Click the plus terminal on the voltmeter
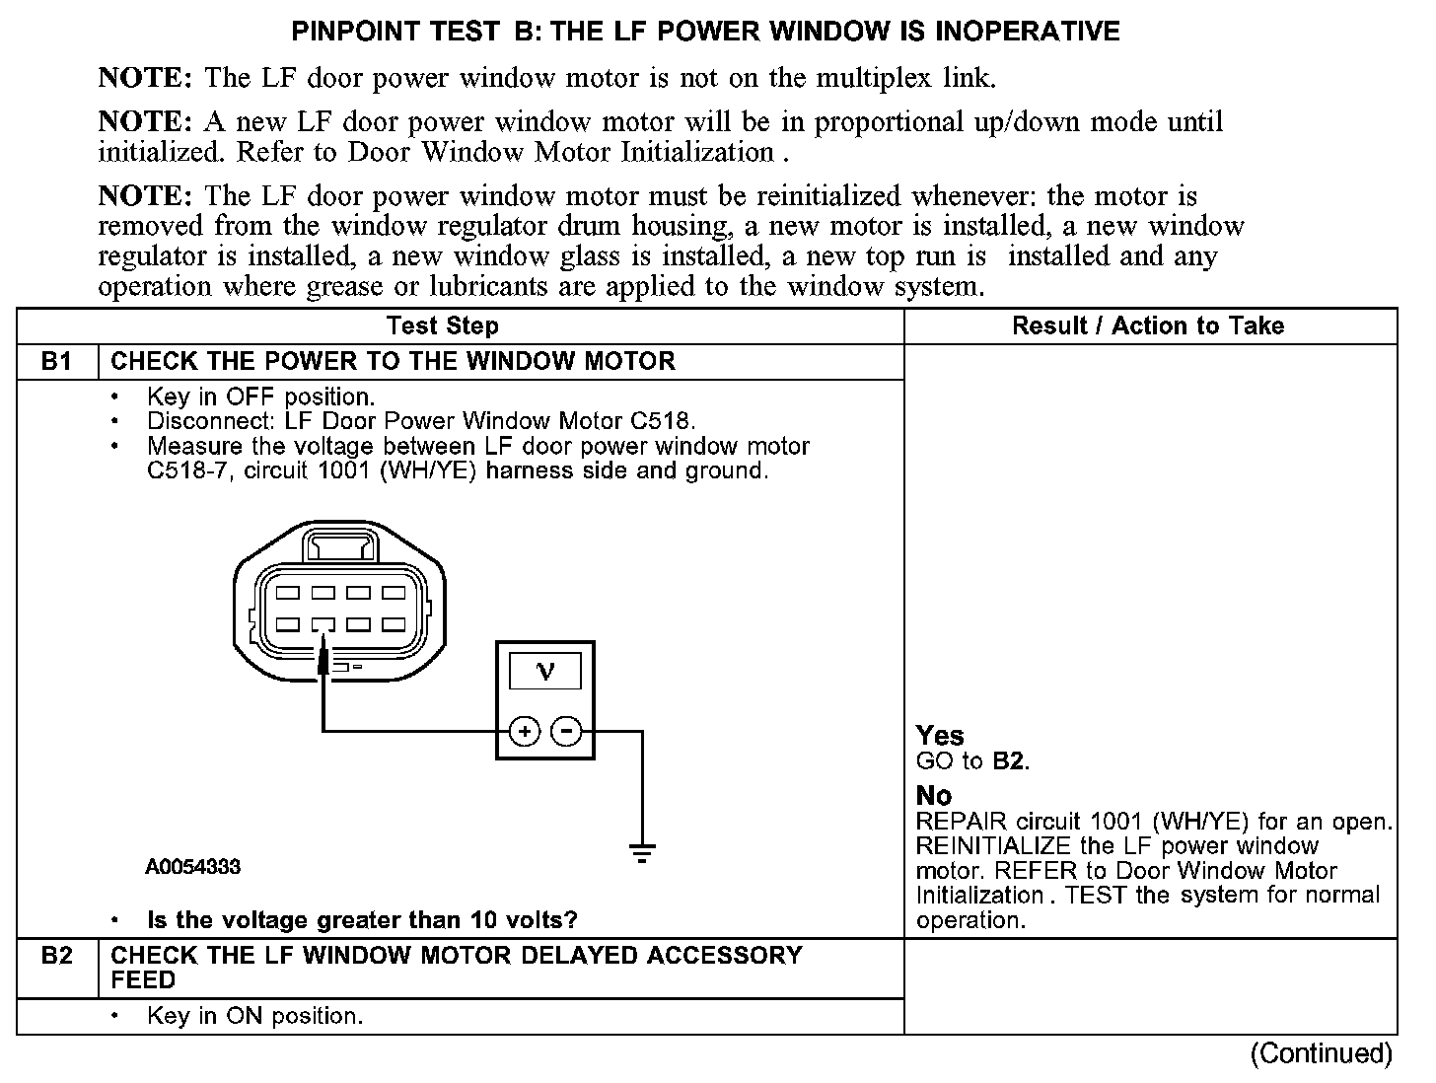click(x=525, y=732)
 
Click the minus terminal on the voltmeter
click(x=565, y=732)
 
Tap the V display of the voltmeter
click(x=544, y=672)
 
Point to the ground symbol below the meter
click(x=642, y=852)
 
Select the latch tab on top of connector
click(x=339, y=544)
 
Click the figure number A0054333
click(x=192, y=868)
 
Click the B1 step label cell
click(x=57, y=361)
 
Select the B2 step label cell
click(x=57, y=956)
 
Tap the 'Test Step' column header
click(x=443, y=325)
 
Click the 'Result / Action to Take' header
click(x=1148, y=325)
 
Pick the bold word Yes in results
click(x=940, y=736)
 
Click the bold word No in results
click(x=934, y=795)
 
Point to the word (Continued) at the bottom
click(x=1321, y=1054)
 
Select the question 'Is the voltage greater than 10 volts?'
click(x=362, y=920)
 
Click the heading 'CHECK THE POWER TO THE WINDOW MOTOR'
click(x=394, y=361)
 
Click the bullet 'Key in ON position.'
click(x=254, y=1016)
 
